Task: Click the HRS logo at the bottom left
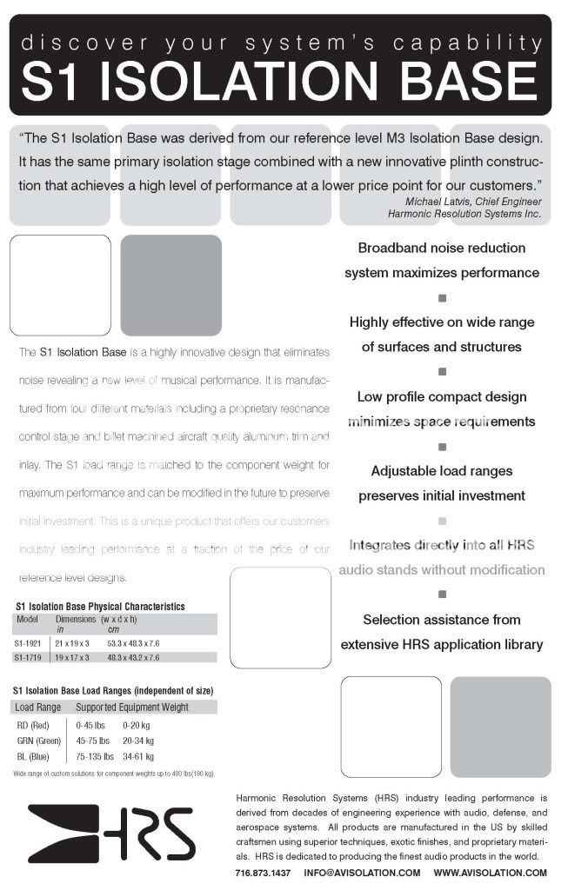[110, 833]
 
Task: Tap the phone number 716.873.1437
[262, 873]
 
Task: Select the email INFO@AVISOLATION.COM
[362, 873]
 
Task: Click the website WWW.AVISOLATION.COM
[490, 873]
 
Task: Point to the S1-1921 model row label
[29, 642]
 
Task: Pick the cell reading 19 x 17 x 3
[74, 658]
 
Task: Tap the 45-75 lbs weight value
[93, 741]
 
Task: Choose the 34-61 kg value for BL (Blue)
[138, 756]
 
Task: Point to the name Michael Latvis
[431, 201]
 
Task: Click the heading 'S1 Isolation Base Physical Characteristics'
[100, 606]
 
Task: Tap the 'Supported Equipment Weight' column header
[132, 707]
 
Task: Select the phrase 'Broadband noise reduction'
[442, 248]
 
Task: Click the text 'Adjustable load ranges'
[442, 471]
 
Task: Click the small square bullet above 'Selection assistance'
[442, 595]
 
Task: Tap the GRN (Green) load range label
[39, 741]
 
